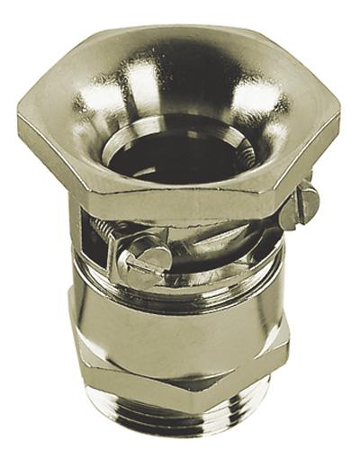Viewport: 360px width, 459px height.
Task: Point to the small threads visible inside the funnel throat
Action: (241, 157)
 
